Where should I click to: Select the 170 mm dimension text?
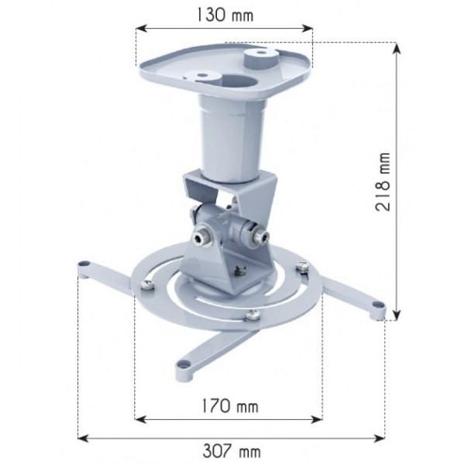pos(229,405)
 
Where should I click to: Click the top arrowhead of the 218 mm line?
pos(398,47)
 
